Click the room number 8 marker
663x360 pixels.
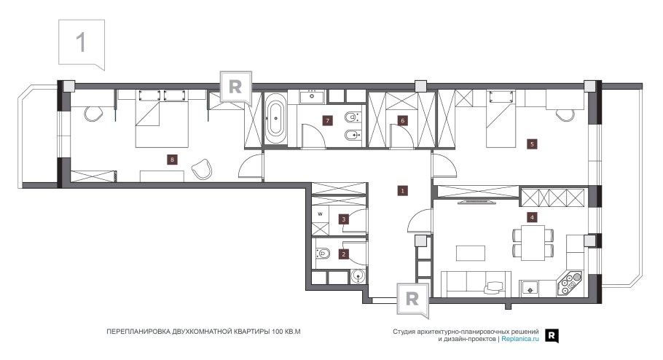[x=172, y=160]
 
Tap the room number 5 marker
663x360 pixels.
[x=532, y=144]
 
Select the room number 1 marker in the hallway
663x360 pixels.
[x=402, y=190]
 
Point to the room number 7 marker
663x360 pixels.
[x=327, y=120]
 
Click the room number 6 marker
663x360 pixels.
[x=402, y=120]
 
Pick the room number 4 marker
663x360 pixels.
[x=532, y=217]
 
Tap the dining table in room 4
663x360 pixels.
[x=533, y=243]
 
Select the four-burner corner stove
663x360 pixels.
[x=569, y=282]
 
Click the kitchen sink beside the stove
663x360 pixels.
[x=530, y=288]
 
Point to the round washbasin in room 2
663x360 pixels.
[x=358, y=277]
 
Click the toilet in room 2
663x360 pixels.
[x=323, y=254]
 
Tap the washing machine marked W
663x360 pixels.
[x=320, y=214]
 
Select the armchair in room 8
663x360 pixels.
[x=202, y=169]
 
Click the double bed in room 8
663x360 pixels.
[x=162, y=119]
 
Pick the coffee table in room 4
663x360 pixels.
[x=471, y=253]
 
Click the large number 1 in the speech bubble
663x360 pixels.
[x=81, y=42]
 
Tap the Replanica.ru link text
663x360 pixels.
[x=520, y=339]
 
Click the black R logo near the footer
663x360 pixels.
[x=552, y=335]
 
